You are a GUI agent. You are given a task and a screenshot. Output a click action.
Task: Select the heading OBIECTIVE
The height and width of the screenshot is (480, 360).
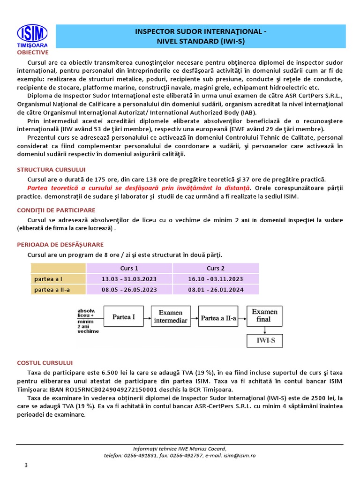[33, 52]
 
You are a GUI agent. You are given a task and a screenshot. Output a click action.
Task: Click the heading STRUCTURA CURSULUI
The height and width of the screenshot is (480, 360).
[51, 169]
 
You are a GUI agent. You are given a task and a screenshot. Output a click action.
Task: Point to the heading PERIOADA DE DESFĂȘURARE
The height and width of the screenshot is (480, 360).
[60, 244]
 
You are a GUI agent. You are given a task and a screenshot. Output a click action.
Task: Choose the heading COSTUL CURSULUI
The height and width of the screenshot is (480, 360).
[45, 362]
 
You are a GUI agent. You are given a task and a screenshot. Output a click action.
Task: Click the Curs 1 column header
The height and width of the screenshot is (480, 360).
[129, 268]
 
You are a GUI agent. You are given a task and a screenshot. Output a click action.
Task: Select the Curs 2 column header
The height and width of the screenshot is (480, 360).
[216, 268]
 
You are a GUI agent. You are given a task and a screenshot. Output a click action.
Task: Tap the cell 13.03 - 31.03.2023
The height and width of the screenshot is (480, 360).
[129, 279]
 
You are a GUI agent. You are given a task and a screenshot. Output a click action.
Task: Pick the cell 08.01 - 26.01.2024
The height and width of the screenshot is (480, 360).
[216, 290]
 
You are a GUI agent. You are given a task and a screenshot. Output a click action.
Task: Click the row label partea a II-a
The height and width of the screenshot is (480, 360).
[52, 290]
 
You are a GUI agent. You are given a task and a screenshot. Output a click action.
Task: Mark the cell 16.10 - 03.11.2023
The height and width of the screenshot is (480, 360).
[216, 279]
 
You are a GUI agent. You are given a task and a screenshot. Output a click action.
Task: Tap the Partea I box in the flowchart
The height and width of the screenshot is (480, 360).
[123, 317]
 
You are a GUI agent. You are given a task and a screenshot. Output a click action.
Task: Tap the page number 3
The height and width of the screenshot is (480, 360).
[26, 465]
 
